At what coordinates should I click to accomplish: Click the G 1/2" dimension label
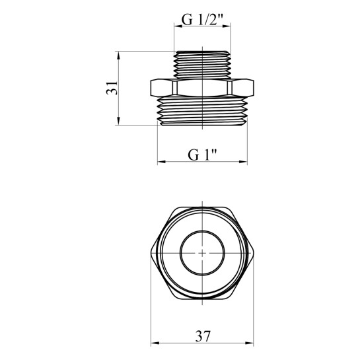[202, 20]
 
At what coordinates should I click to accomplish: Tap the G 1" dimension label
[202, 155]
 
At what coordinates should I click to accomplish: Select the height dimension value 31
[112, 88]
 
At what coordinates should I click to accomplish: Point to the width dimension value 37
[203, 336]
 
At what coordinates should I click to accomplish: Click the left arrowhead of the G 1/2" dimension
[178, 26]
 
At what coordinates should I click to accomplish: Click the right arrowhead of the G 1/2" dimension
[227, 26]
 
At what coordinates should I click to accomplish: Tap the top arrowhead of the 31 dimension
[118, 55]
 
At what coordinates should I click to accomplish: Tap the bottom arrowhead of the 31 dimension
[118, 121]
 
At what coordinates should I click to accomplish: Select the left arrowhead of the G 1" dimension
[162, 162]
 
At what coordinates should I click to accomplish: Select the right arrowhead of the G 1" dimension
[243, 162]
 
